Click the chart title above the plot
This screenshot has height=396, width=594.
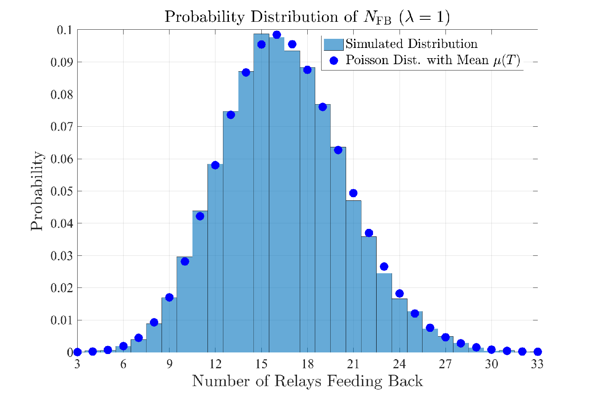click(x=307, y=17)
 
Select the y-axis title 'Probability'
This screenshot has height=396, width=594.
click(x=36, y=191)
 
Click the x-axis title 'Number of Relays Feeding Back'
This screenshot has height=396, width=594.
click(x=307, y=381)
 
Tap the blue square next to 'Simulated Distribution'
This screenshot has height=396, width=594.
click(x=333, y=44)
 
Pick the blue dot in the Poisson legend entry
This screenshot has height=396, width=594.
click(x=333, y=61)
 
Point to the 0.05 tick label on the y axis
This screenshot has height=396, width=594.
click(x=61, y=192)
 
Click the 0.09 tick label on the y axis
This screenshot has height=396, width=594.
click(x=61, y=63)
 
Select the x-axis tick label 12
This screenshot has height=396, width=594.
click(x=215, y=364)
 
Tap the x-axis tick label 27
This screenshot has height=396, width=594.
click(x=445, y=364)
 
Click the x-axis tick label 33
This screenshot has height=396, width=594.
click(x=537, y=364)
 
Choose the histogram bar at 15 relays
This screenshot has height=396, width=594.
click(x=261, y=193)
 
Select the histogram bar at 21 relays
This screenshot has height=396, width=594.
click(x=353, y=276)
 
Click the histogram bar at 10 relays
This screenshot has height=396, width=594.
click(x=185, y=305)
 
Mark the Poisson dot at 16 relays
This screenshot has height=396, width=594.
click(x=276, y=35)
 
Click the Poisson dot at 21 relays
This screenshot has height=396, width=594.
click(x=353, y=193)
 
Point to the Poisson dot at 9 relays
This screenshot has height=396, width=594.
click(x=169, y=297)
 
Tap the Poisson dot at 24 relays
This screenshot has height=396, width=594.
click(x=399, y=293)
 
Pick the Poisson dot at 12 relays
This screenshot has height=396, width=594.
click(x=215, y=165)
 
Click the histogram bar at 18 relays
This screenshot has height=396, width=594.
click(x=307, y=210)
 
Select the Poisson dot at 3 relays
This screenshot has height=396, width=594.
click(x=77, y=352)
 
